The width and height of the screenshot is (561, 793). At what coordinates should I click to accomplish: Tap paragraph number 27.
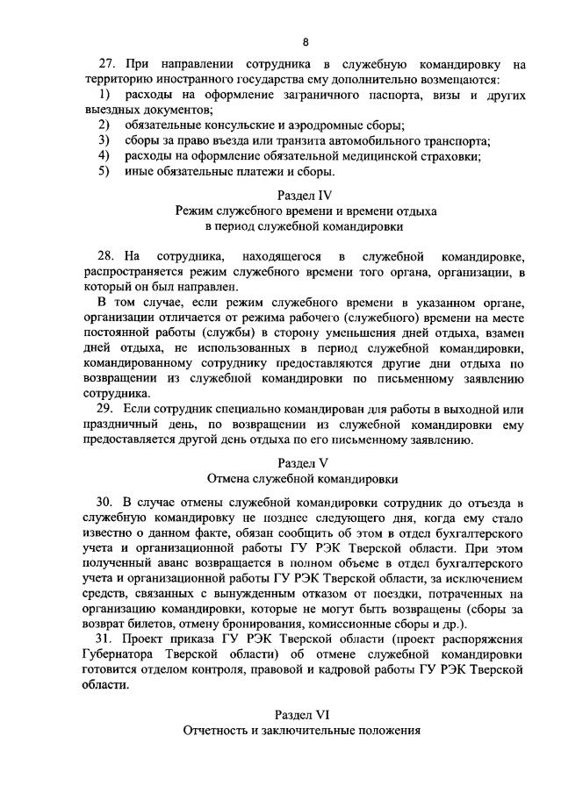[106, 65]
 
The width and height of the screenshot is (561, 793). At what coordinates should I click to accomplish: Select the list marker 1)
[104, 95]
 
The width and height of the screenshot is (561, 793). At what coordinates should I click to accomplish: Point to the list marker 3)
[104, 140]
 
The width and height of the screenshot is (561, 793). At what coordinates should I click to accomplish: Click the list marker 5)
[104, 171]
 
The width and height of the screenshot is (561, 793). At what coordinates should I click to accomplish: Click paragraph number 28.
[106, 256]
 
